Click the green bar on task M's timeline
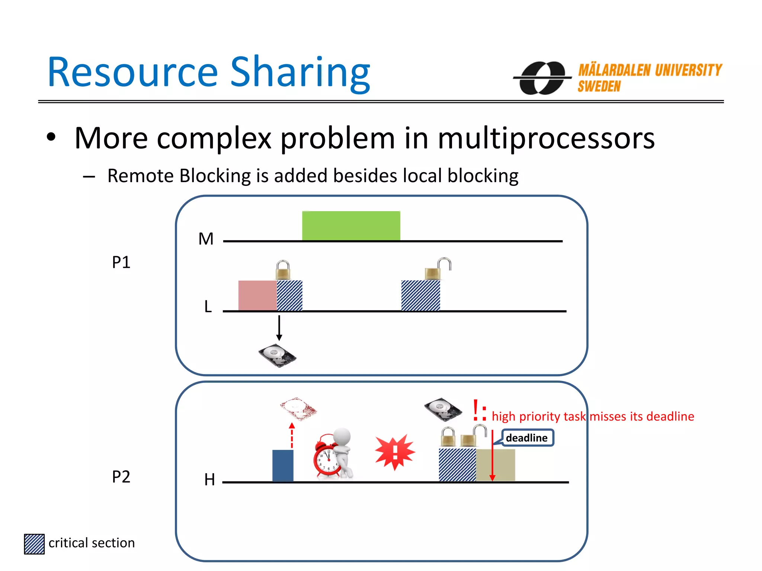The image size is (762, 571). click(x=351, y=226)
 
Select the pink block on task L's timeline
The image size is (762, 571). click(x=257, y=296)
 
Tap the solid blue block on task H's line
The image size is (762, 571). click(x=283, y=465)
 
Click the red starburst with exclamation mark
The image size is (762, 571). click(x=395, y=452)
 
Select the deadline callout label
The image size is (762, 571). click(x=527, y=438)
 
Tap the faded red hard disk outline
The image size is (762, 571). click(x=298, y=409)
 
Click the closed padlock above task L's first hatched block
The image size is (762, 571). click(x=283, y=270)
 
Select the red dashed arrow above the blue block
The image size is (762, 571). click(x=292, y=436)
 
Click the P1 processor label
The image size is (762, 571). click(x=121, y=262)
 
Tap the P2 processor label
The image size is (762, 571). click(x=121, y=477)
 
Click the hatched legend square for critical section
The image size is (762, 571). click(x=34, y=544)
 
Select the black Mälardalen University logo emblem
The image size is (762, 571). click(x=542, y=78)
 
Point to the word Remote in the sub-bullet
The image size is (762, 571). click(x=140, y=176)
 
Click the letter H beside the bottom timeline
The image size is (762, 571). click(x=209, y=480)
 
